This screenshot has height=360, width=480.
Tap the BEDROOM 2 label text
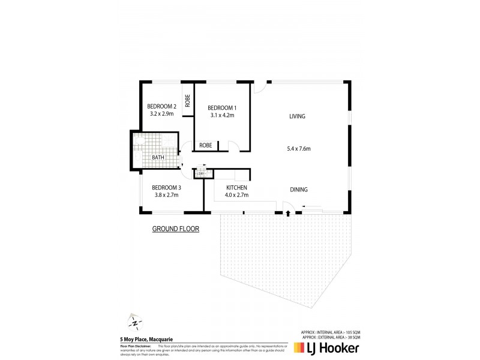pos(161,107)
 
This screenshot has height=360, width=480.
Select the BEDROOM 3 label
pos(166,187)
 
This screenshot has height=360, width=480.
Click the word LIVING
pos(297,116)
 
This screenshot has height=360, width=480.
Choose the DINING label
pos(298,190)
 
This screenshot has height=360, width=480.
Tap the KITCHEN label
pos(235,188)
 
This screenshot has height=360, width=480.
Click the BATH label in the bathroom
pos(158,158)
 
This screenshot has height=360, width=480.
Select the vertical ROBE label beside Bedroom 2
pos(188,100)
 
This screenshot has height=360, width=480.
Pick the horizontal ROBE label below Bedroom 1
pos(205,145)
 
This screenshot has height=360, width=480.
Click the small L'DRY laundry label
pos(200,174)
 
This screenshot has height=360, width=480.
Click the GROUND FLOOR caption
pos(175,229)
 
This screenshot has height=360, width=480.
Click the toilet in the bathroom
pos(137,157)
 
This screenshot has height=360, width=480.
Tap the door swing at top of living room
pos(259,88)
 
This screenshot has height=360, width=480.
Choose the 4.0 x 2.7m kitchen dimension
pos(235,196)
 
